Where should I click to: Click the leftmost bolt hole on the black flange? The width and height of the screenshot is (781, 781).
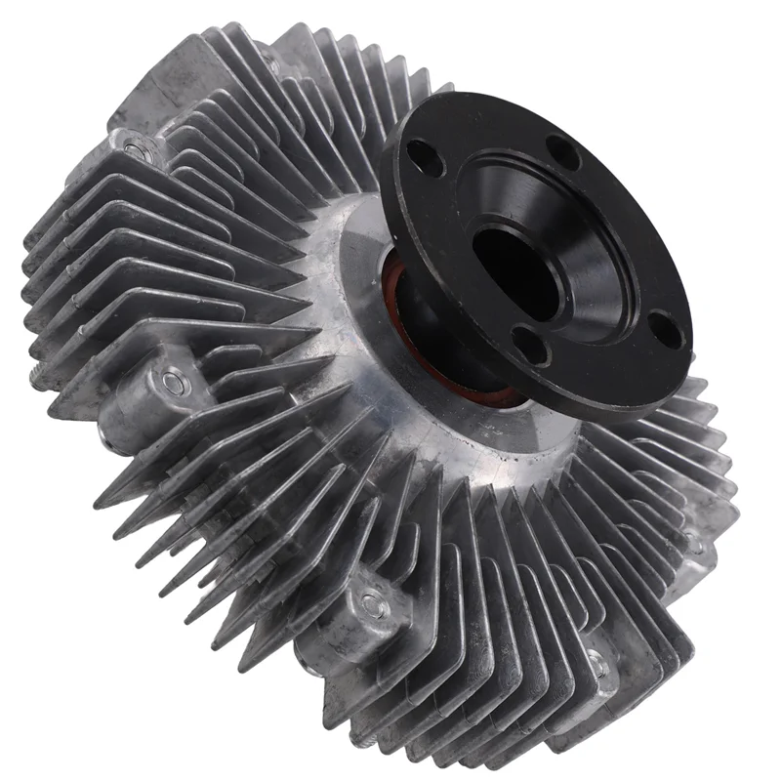tap(427, 155)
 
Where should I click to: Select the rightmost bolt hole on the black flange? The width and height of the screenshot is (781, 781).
tap(666, 329)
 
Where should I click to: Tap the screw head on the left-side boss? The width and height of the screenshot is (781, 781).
tap(175, 381)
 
